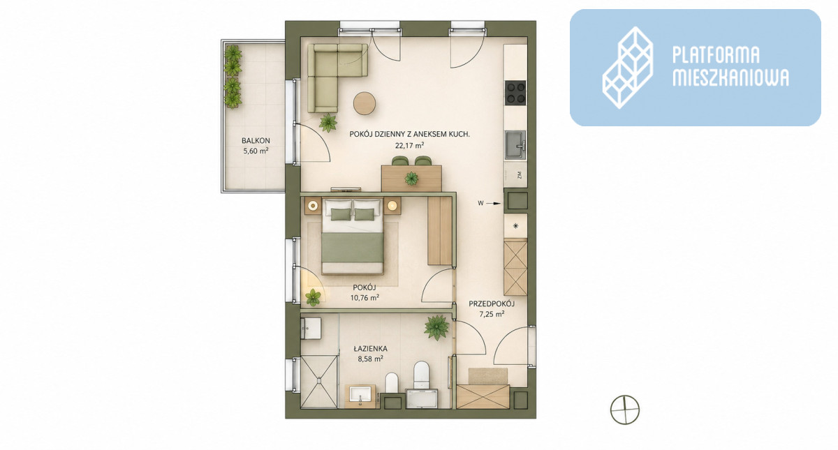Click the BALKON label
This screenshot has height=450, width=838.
(256, 141)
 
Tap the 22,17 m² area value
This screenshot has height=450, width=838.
(410, 145)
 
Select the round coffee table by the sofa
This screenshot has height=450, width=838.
(365, 103)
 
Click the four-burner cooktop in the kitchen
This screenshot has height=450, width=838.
(515, 93)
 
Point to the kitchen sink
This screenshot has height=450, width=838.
(515, 144)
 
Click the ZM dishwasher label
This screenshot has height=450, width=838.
(520, 175)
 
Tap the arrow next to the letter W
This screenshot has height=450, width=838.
(495, 204)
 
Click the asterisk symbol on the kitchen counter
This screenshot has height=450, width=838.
(516, 226)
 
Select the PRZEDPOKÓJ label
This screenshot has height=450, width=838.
(492, 304)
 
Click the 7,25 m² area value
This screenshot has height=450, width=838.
(492, 314)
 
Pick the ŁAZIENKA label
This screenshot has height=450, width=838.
(370, 348)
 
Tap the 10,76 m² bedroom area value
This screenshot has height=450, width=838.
(365, 297)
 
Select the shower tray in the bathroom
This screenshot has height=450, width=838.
(319, 381)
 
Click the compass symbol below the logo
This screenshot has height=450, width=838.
(625, 410)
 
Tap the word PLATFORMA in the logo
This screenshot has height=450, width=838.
(716, 55)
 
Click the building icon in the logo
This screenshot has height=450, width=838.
(628, 68)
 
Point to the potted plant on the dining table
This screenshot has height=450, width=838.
(411, 179)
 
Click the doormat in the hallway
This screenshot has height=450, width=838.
(488, 375)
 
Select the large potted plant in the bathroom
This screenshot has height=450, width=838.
(436, 327)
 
